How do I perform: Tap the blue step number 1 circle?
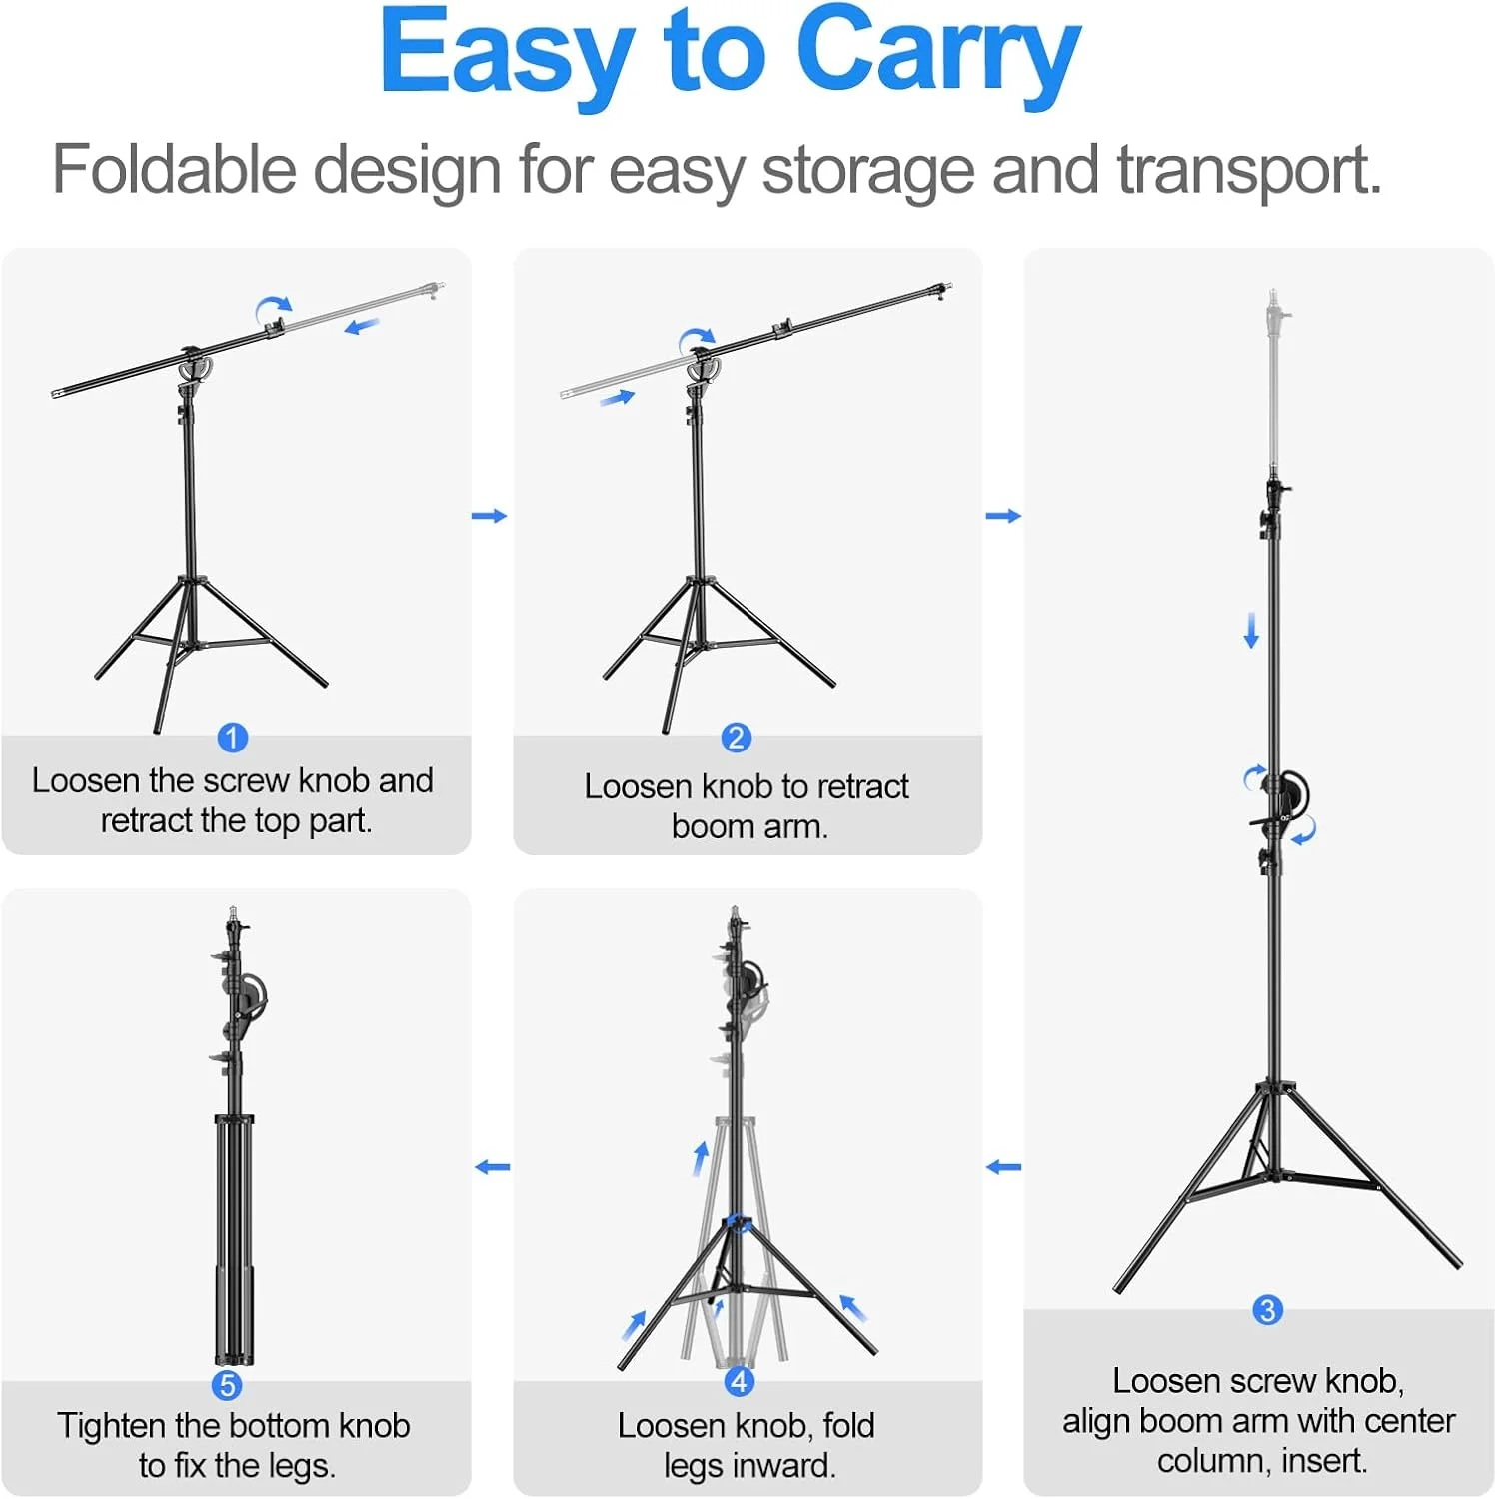click(x=232, y=738)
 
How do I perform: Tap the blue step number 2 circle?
click(x=737, y=738)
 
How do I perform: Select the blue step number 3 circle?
click(x=1267, y=1310)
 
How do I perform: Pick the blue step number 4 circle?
click(x=739, y=1381)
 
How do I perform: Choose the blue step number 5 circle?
click(x=227, y=1385)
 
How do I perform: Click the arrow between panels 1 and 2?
click(x=489, y=516)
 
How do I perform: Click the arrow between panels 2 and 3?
click(x=1003, y=516)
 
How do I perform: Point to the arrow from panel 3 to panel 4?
click(x=1003, y=1166)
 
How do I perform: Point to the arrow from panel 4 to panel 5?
click(x=492, y=1166)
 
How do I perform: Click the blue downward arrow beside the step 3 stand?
click(x=1250, y=631)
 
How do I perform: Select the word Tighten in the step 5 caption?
click(x=111, y=1427)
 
